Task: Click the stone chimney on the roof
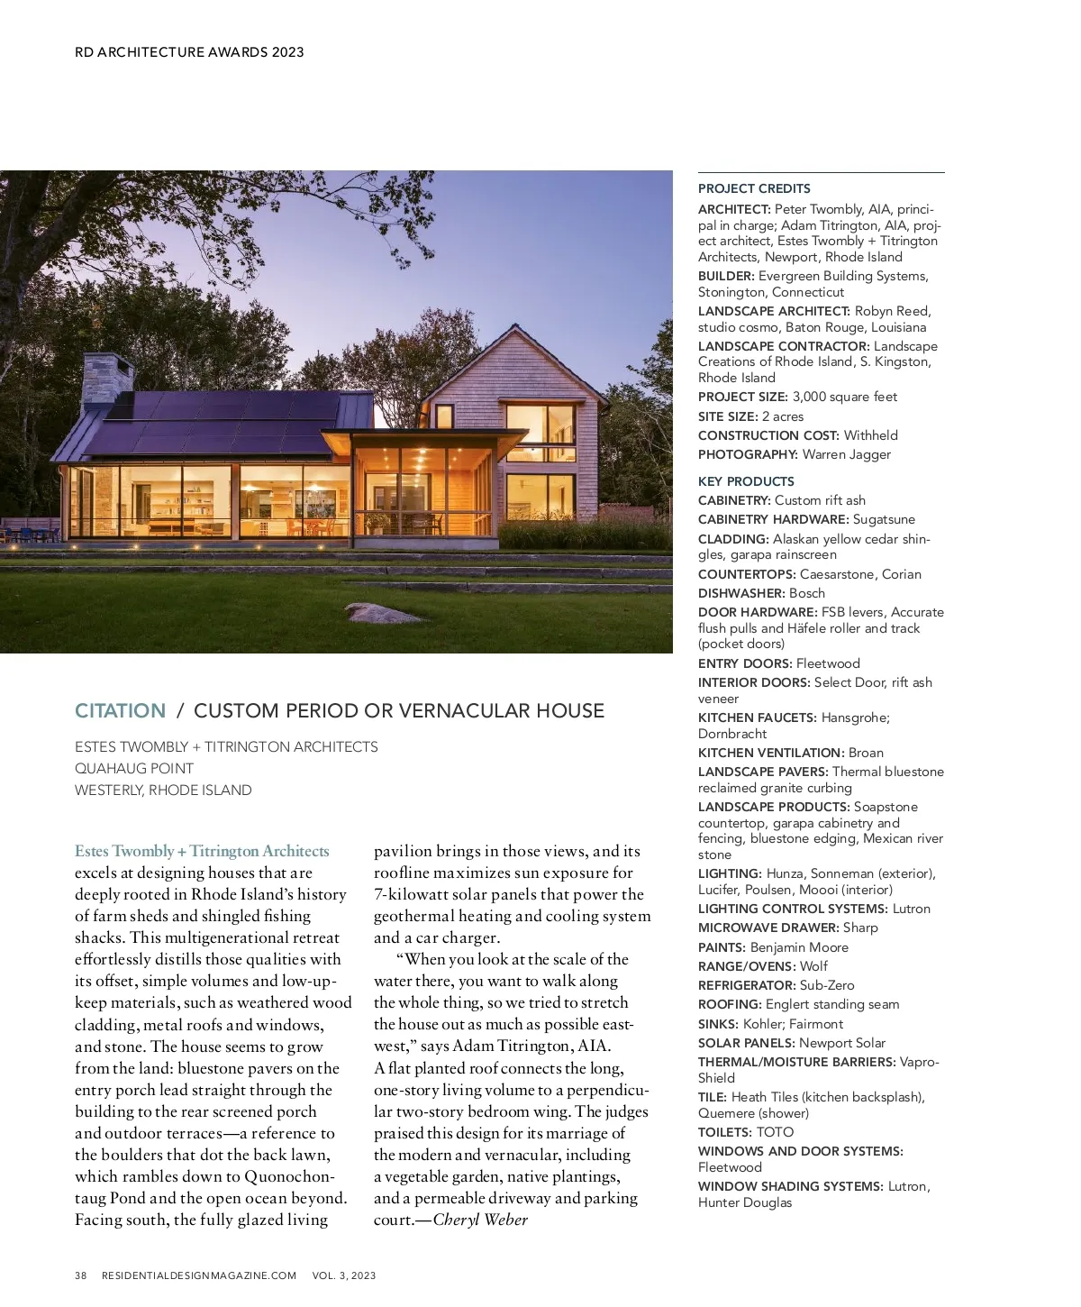click(107, 378)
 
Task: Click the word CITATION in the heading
click(120, 711)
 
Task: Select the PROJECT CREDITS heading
click(754, 188)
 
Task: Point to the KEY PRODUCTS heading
click(746, 481)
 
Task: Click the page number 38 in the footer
click(81, 1275)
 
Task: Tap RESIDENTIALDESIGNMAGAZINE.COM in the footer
click(199, 1275)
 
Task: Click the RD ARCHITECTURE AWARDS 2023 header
click(189, 52)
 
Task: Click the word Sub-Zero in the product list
click(827, 985)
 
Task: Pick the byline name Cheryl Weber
click(480, 1220)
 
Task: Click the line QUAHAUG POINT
click(134, 769)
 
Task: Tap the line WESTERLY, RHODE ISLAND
click(163, 791)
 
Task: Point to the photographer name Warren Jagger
click(847, 454)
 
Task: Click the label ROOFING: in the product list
click(731, 1004)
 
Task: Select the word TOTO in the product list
click(775, 1132)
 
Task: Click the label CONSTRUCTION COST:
click(768, 435)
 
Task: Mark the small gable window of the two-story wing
click(444, 416)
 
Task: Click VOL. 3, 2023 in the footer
click(344, 1275)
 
